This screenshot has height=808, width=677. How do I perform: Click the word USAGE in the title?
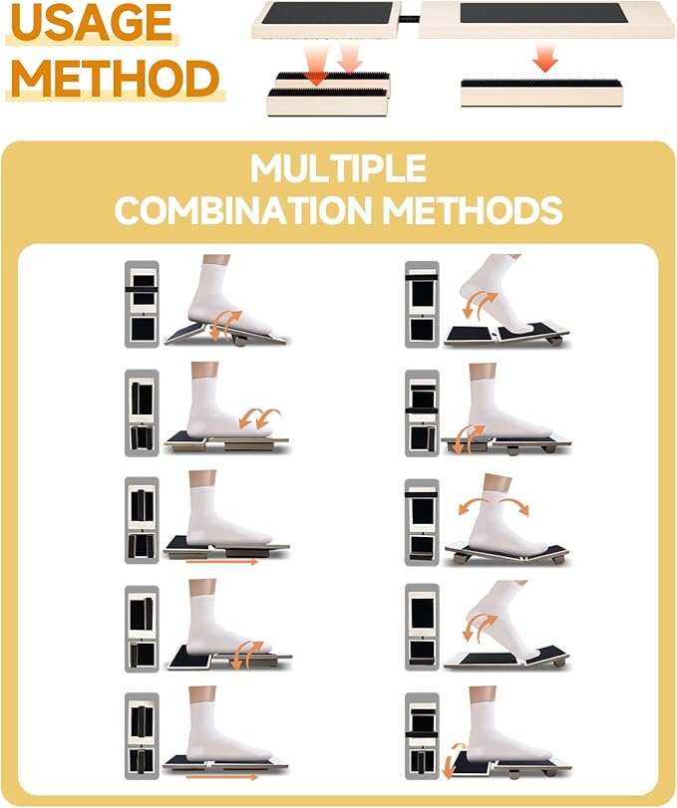[92, 22]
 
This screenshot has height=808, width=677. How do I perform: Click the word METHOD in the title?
[116, 79]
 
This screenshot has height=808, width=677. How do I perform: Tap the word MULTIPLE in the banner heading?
[338, 168]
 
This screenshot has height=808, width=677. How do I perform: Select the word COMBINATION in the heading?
[243, 210]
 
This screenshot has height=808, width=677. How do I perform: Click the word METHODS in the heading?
[473, 210]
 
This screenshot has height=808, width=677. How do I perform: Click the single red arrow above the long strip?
[545, 58]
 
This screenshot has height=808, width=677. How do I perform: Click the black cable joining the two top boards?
[410, 20]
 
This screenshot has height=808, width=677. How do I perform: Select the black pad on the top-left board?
[327, 12]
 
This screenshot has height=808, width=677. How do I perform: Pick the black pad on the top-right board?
[543, 13]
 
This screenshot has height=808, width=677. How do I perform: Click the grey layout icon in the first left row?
[142, 304]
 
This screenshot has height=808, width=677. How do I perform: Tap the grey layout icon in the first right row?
[422, 304]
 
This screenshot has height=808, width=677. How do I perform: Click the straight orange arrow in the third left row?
[221, 562]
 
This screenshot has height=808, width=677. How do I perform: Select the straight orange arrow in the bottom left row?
[221, 776]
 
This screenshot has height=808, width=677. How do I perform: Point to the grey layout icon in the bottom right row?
[422, 736]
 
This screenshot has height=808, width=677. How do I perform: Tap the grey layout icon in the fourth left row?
[142, 628]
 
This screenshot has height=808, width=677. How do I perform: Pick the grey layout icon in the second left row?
[142, 412]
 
